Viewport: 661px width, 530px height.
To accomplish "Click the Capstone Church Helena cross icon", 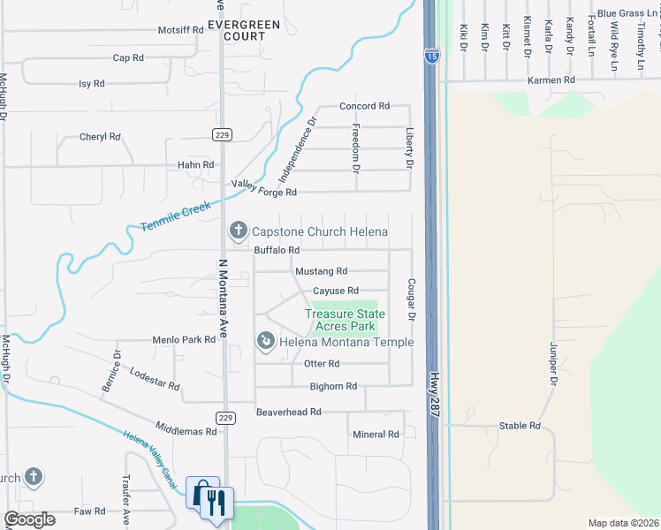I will click(237, 231).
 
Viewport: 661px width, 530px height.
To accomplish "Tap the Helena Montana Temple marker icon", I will click(265, 341).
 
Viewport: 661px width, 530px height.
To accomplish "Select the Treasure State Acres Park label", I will click(345, 320).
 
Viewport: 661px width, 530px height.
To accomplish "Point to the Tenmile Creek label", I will click(176, 217).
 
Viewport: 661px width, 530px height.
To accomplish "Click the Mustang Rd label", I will click(321, 271).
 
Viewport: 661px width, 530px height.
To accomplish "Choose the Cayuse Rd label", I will click(335, 291).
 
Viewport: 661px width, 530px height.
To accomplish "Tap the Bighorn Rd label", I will click(333, 386).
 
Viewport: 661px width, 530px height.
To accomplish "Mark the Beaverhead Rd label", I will click(288, 413).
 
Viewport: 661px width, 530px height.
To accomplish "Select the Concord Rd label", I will click(364, 106).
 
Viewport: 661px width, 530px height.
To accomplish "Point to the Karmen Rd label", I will click(551, 80).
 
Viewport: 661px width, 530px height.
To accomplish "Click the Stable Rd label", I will click(519, 426).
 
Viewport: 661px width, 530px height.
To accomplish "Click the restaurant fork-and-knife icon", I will click(217, 503).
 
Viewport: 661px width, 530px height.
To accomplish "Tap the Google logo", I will click(29, 519).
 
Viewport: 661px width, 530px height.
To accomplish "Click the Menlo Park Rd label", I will click(185, 339).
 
